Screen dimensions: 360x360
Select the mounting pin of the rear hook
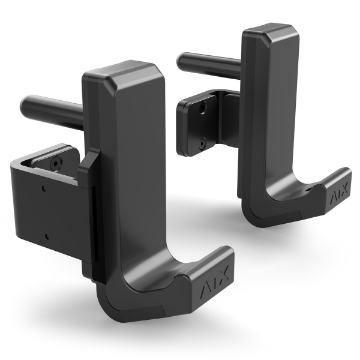click(205, 64)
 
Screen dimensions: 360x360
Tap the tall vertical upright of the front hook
click(125, 170)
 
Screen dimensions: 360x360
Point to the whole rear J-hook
click(265, 130)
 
